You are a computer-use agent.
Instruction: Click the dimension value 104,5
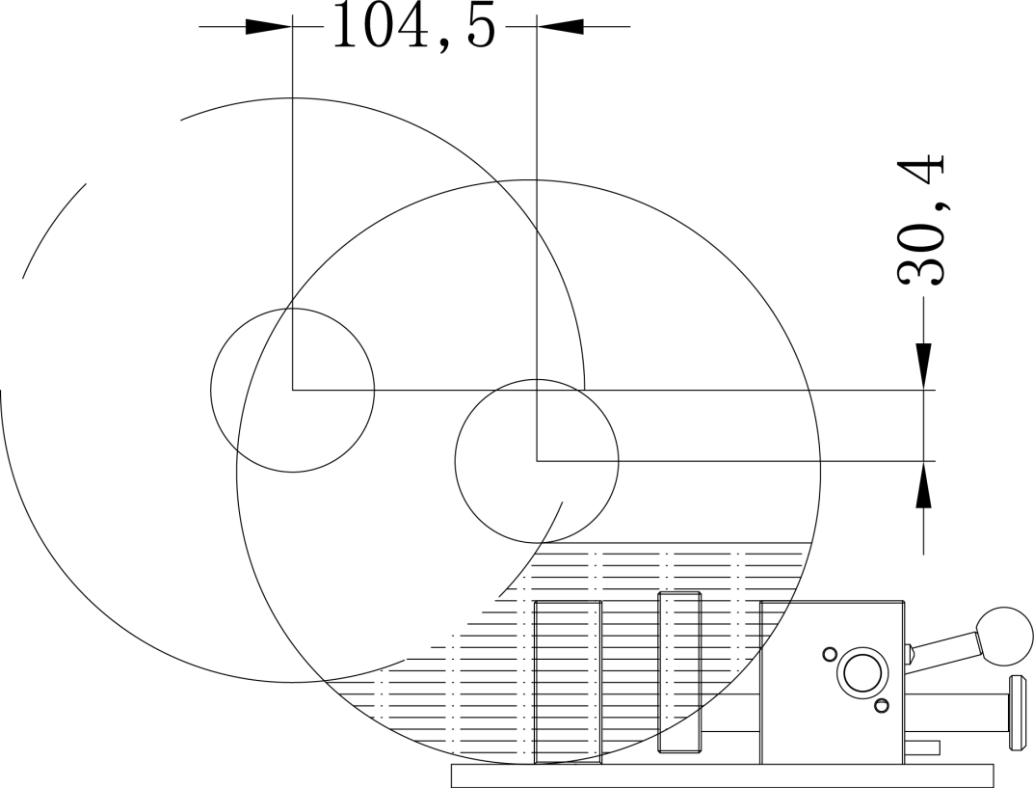click(x=413, y=27)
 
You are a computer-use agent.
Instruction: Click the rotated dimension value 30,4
click(x=922, y=221)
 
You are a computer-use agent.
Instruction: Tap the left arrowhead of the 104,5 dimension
click(x=268, y=26)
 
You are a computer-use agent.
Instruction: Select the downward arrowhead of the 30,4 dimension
click(x=923, y=366)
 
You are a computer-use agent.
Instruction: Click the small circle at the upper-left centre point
click(x=292, y=390)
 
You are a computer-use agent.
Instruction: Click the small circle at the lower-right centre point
click(x=537, y=461)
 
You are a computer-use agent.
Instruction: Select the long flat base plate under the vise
click(x=722, y=774)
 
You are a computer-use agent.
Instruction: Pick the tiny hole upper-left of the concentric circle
click(x=830, y=654)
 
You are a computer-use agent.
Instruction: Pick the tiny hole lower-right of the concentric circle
click(x=881, y=706)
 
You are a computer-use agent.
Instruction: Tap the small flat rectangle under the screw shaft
click(x=922, y=747)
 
